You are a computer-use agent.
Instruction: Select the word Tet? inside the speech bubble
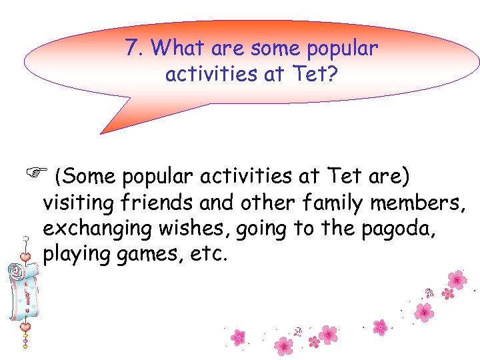(x=314, y=73)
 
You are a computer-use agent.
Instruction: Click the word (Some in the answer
(x=85, y=177)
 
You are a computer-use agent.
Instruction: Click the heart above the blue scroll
(x=25, y=257)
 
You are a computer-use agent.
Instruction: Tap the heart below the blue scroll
(x=25, y=327)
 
